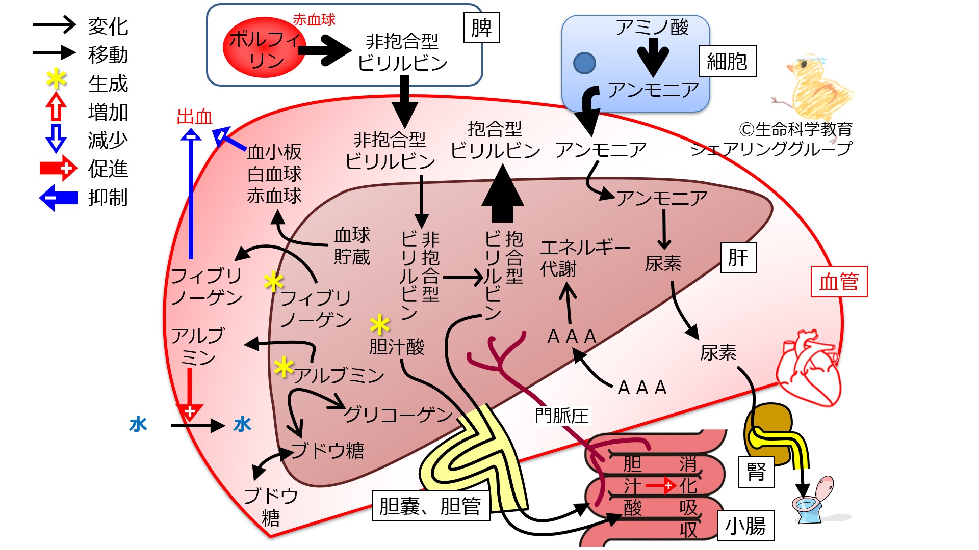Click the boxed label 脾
481,28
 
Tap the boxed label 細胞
727,62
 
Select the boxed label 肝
738,258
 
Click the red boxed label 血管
839,282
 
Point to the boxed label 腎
756,472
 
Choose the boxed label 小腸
745,526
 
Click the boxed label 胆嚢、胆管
430,506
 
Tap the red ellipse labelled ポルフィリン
264,47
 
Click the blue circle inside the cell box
584,63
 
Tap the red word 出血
194,117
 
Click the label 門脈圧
561,416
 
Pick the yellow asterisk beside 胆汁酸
380,324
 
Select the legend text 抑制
108,197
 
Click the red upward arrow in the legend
56,106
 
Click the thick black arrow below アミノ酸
653,57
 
